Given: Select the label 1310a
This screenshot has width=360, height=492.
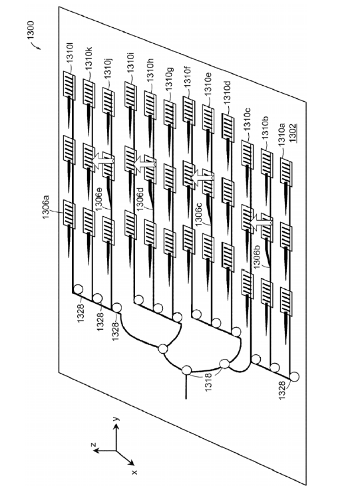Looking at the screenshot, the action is (x=281, y=134).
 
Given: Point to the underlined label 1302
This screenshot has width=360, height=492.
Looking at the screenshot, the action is (x=293, y=133).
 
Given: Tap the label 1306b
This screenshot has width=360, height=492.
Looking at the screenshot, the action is (x=258, y=257).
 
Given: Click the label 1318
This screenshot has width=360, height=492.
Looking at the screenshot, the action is (x=208, y=382).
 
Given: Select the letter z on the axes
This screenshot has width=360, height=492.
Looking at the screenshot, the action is (x=93, y=445).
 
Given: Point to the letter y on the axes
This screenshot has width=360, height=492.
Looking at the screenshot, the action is (x=115, y=418).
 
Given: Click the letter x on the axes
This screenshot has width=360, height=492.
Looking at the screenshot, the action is (x=135, y=471).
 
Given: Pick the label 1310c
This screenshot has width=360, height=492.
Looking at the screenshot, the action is (x=247, y=119).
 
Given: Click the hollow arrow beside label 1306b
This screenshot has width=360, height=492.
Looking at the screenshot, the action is (x=261, y=223).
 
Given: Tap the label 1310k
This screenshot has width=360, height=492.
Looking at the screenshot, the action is (x=89, y=59).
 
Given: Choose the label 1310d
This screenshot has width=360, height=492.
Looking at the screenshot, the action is (x=227, y=92).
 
